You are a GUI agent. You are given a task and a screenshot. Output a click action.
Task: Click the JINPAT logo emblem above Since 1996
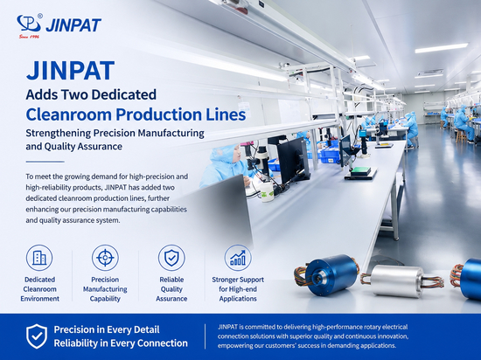pyautogui.click(x=29, y=24)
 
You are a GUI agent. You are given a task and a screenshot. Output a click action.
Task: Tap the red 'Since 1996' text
pyautogui.click(x=29, y=37)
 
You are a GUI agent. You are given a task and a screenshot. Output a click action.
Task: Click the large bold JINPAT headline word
pyautogui.click(x=70, y=71)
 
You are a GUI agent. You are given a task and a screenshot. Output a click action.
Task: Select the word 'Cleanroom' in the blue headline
pyautogui.click(x=69, y=114)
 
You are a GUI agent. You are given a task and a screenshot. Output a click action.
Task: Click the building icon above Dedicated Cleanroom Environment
pyautogui.click(x=39, y=258)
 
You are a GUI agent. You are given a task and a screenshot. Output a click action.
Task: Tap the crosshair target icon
pyautogui.click(x=105, y=258)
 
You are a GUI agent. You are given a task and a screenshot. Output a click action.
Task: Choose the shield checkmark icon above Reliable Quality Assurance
pyautogui.click(x=171, y=258)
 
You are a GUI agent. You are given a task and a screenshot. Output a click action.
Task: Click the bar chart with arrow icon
pyautogui.click(x=238, y=258)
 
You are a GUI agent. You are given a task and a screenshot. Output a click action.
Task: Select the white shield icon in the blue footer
pyautogui.click(x=37, y=336)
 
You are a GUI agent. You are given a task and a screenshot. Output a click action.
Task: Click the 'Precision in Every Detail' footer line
pyautogui.click(x=107, y=329)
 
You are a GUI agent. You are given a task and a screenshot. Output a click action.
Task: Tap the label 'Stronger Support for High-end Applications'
pyautogui.click(x=238, y=289)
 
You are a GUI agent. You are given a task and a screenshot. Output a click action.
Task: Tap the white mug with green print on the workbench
pyautogui.click(x=266, y=191)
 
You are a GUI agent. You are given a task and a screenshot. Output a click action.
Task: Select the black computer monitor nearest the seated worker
pyautogui.click(x=293, y=160)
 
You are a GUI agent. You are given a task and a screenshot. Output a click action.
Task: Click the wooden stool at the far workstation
pyautogui.click(x=460, y=136)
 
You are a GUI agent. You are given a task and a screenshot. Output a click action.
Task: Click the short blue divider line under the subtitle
pyautogui.click(x=45, y=162)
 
